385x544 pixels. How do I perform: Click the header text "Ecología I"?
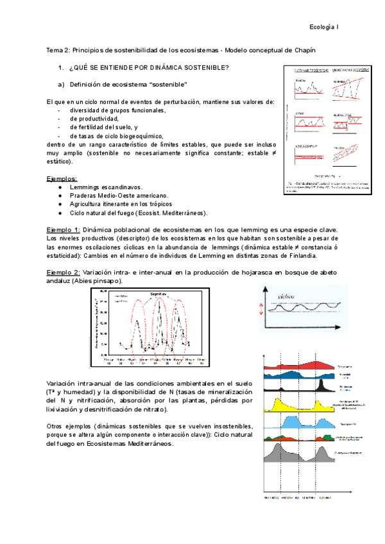pos(329,27)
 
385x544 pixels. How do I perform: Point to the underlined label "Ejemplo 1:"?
pos(64,230)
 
